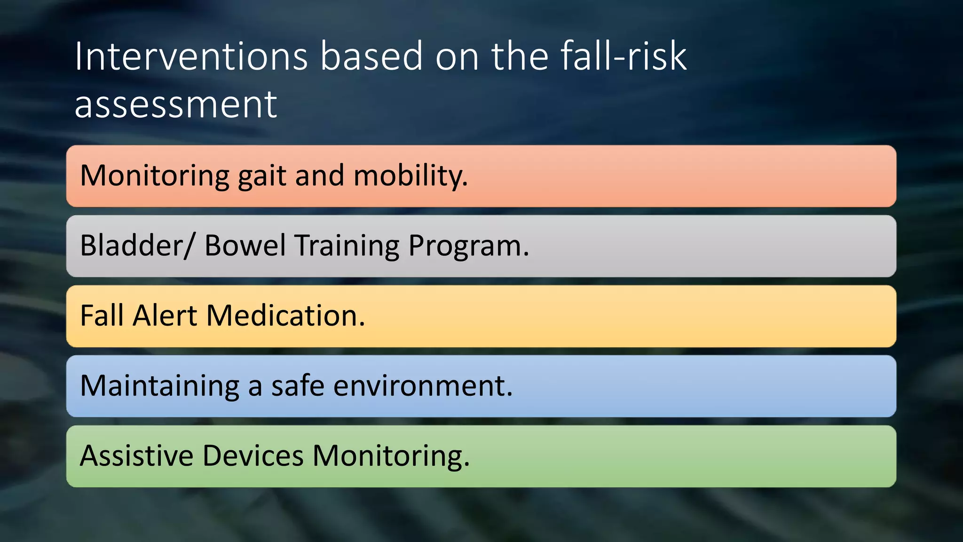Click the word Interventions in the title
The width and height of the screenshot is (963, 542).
tap(191, 56)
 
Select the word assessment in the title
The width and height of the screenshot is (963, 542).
tap(175, 104)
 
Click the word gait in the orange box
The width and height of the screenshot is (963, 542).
tap(262, 176)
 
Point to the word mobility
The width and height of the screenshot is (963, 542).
tap(410, 176)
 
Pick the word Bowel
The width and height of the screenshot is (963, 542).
tap(245, 246)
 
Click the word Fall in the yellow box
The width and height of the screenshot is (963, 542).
tap(101, 315)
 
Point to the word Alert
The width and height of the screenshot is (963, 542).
tap(165, 315)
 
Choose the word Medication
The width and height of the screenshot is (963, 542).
tap(285, 315)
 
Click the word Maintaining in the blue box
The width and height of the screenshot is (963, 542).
tap(160, 386)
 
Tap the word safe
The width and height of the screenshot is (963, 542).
tap(298, 385)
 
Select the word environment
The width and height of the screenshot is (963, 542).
tap(423, 386)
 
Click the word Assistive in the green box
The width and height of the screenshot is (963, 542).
tap(136, 455)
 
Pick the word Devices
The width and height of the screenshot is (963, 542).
tap(253, 455)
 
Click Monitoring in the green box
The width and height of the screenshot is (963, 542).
tap(391, 456)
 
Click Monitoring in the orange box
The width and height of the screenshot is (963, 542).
tap(155, 176)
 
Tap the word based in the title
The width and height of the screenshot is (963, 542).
tap(371, 56)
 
